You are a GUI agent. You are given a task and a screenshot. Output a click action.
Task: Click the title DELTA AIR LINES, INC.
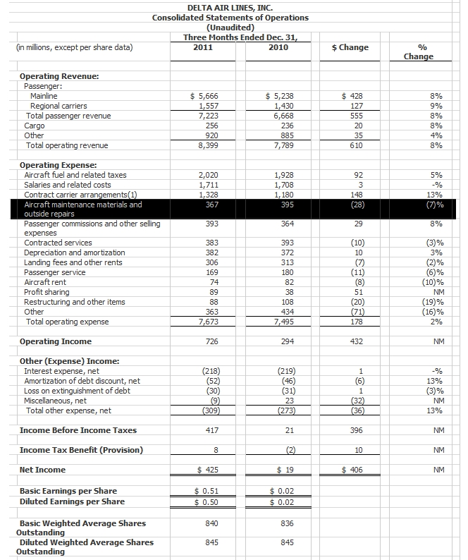click(229, 6)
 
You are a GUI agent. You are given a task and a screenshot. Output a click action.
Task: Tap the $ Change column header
click(350, 47)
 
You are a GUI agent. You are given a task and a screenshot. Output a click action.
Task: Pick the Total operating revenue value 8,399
click(209, 145)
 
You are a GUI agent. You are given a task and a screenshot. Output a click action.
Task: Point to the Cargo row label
click(35, 126)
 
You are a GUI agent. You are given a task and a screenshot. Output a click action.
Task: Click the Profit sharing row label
click(47, 292)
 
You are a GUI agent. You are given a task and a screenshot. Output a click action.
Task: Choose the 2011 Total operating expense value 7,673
click(209, 322)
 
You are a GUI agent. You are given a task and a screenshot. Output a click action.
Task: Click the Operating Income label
click(56, 341)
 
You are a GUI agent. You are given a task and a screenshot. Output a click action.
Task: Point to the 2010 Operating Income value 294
click(283, 341)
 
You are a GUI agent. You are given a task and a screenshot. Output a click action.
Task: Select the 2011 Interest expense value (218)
click(210, 371)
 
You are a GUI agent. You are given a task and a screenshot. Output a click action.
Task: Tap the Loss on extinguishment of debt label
click(77, 391)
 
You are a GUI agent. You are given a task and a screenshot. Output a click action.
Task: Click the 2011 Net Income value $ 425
click(207, 470)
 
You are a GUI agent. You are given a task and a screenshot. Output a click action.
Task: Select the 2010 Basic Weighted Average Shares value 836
click(283, 523)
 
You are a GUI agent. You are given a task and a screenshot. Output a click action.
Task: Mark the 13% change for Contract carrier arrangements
click(435, 195)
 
